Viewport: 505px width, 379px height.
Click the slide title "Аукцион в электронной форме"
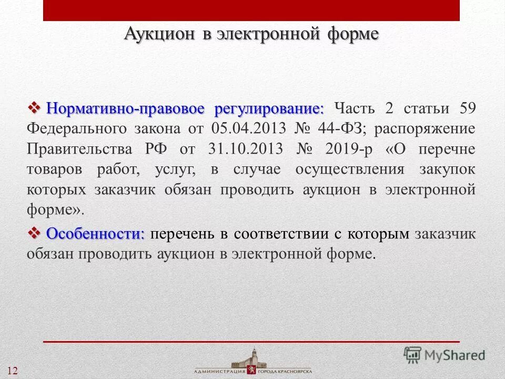(x=251, y=34)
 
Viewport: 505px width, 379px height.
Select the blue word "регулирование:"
(x=269, y=109)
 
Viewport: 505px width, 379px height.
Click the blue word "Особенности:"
(x=95, y=234)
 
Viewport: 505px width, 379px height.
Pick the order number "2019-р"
(x=348, y=149)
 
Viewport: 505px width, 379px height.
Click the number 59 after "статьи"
(x=467, y=109)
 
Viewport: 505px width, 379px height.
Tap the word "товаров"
(x=53, y=169)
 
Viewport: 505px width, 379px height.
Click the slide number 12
(x=12, y=371)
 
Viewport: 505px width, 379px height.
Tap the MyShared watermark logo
(x=445, y=354)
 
